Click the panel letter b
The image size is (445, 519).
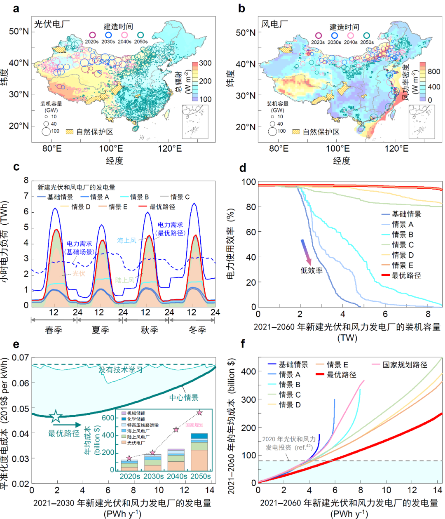click(x=242, y=9)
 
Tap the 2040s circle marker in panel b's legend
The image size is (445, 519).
click(x=350, y=36)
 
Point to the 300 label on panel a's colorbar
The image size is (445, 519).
click(x=205, y=63)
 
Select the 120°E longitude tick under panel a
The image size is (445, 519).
click(x=170, y=148)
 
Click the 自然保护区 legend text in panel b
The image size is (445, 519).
click(x=321, y=132)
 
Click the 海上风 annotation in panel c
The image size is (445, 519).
click(x=126, y=240)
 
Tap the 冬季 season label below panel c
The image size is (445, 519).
click(x=197, y=330)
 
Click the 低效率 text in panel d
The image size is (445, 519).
click(x=311, y=271)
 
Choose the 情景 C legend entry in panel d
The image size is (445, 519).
click(x=403, y=245)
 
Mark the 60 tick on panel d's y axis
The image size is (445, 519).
click(x=251, y=232)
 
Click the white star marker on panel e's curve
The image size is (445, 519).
click(x=55, y=417)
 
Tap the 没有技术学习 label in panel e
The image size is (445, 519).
click(x=120, y=369)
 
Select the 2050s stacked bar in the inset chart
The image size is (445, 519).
click(x=199, y=452)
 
